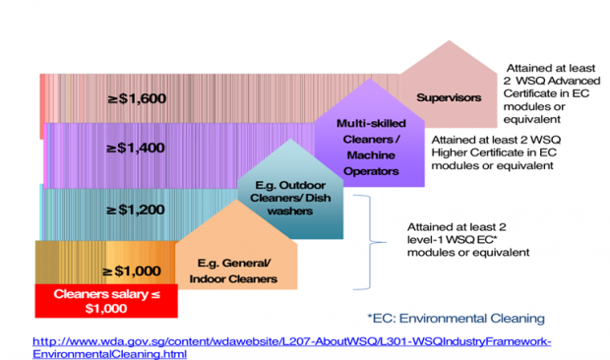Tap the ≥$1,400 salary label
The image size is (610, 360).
(x=136, y=149)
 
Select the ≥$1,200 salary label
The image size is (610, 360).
(x=136, y=209)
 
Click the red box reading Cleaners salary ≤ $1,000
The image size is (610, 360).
(x=104, y=300)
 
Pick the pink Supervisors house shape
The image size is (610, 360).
(x=448, y=93)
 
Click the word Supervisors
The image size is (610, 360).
(x=448, y=98)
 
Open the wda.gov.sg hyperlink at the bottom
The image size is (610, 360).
(x=291, y=346)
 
